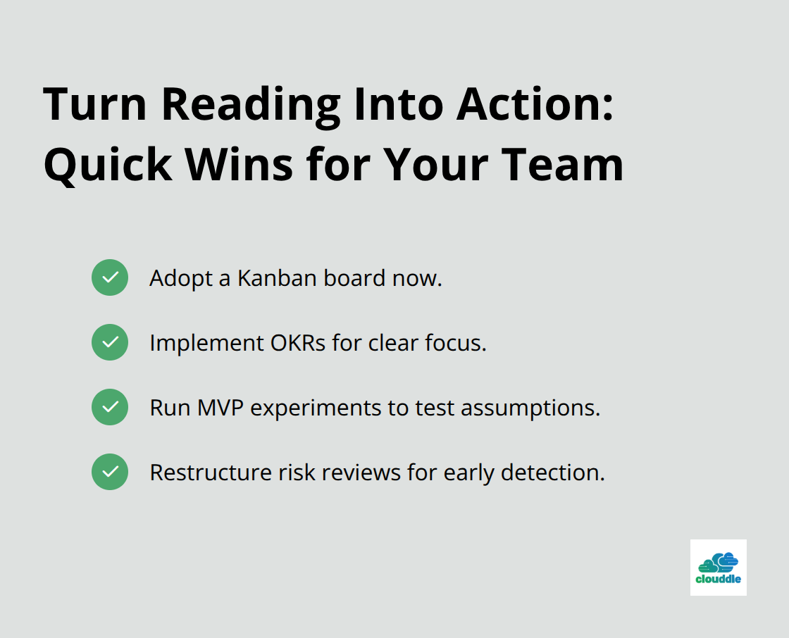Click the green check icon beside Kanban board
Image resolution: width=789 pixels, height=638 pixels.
coord(110,277)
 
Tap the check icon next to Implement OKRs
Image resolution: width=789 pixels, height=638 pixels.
coord(110,342)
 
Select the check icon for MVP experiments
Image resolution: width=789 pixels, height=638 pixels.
coord(110,407)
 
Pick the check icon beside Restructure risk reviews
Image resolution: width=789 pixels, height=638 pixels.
coord(110,472)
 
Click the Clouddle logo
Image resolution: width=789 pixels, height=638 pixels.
coord(718,568)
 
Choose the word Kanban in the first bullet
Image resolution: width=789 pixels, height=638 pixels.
coord(277,278)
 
